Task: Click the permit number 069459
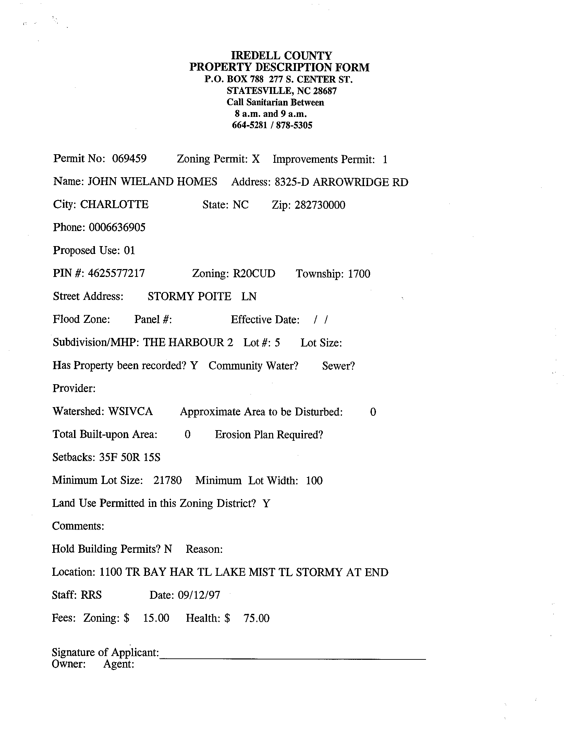(x=129, y=159)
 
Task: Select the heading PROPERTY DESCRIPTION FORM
(x=279, y=67)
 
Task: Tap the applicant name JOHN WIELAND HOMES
(x=152, y=182)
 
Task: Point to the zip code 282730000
(x=319, y=205)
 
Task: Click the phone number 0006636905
(x=117, y=228)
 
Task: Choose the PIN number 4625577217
(x=116, y=274)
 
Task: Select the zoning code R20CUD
(x=254, y=274)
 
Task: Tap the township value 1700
(x=359, y=274)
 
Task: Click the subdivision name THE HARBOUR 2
(x=188, y=342)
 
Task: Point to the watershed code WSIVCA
(x=130, y=411)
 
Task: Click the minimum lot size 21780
(x=167, y=480)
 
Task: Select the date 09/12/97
(x=199, y=595)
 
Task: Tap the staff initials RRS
(x=91, y=595)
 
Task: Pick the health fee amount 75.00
(x=256, y=618)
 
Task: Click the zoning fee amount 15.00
(x=156, y=618)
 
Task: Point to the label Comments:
(x=78, y=526)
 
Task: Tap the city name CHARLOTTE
(x=114, y=205)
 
